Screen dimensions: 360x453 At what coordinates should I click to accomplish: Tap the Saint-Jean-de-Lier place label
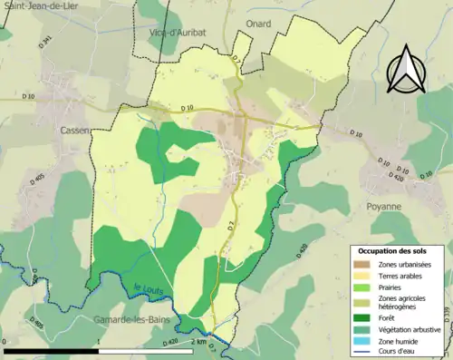coord(41,6)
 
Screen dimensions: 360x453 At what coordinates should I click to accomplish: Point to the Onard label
coord(258,24)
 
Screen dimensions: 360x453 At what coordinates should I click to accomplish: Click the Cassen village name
coord(74,131)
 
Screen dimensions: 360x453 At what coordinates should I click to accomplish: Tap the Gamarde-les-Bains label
coord(133,320)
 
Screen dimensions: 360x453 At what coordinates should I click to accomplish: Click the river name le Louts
coord(148,289)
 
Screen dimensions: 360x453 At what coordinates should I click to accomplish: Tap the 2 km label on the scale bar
coord(198,342)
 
